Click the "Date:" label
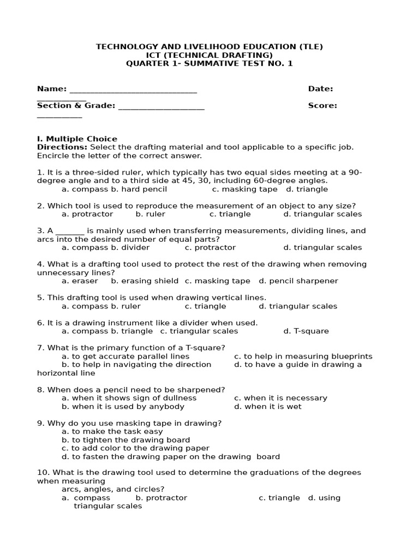320,89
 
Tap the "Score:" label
322,106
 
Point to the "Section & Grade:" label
76,106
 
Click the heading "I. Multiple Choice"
77,139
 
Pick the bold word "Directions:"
62,147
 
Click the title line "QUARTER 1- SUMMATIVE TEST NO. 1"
209,63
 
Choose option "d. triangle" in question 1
307,189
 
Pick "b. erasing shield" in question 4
145,281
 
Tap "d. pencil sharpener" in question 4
298,281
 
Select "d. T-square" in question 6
306,331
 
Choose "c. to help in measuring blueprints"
303,356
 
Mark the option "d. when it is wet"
267,407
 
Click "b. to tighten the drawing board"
125,440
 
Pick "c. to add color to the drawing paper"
135,448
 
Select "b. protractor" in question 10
161,498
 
